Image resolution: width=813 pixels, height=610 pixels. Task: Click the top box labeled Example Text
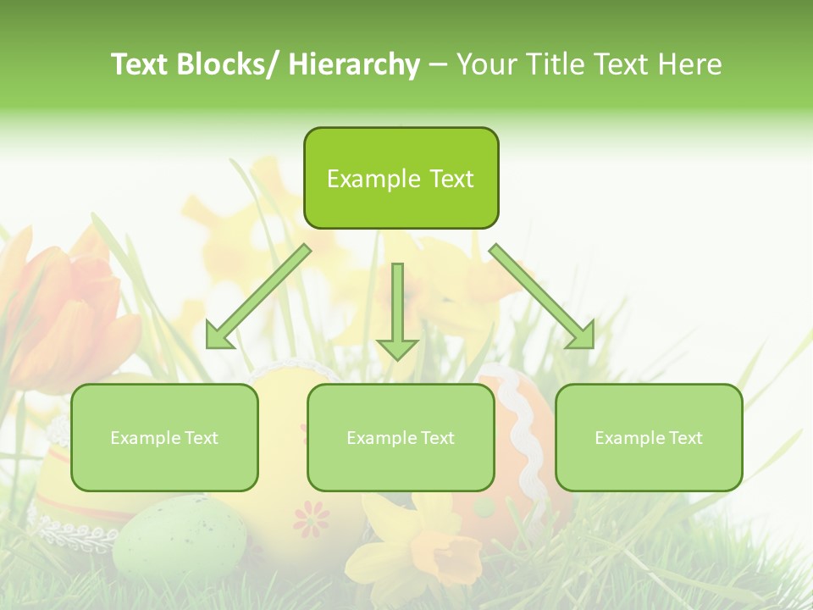point(401,178)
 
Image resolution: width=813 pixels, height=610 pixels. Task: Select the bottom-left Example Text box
point(164,437)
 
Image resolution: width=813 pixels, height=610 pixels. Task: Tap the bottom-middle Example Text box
point(401,437)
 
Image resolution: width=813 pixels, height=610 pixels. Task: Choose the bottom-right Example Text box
point(649,437)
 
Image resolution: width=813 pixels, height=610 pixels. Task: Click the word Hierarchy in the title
point(354,64)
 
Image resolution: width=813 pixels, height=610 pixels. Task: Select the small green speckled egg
point(180,537)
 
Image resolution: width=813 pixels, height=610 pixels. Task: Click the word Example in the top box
point(362,178)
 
